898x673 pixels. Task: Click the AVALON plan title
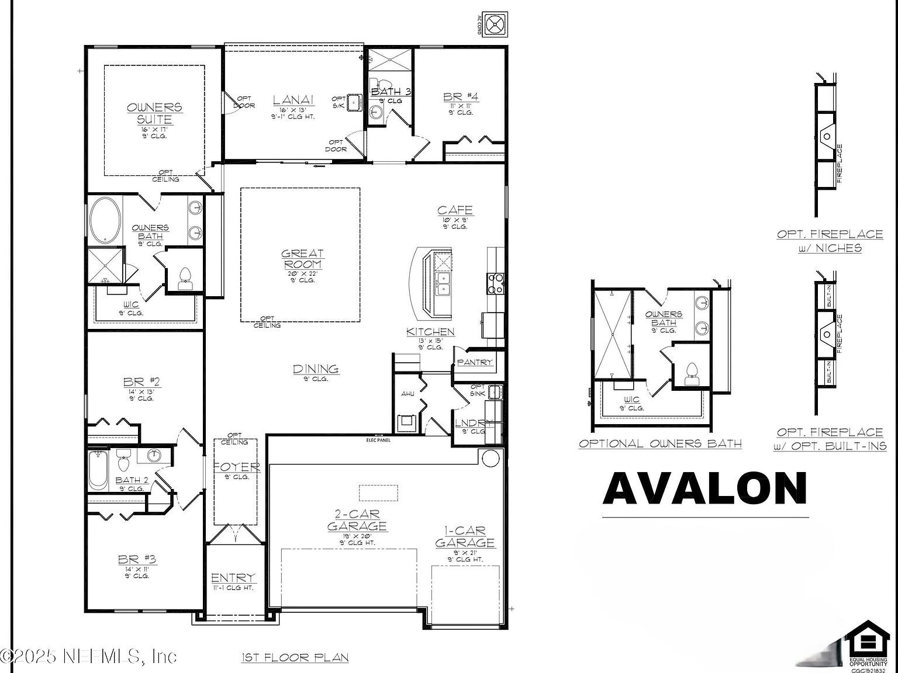pos(705,488)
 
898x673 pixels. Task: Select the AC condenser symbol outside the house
pos(496,25)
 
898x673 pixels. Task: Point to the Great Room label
pos(302,259)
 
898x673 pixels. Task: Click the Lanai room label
pos(293,100)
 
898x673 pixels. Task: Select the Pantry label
pos(475,362)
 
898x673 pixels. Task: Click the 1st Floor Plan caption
pos(295,658)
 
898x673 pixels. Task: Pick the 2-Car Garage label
pos(357,521)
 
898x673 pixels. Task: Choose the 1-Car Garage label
pos(465,537)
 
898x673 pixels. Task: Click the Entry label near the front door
pos(233,578)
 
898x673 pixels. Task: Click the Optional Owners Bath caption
pos(660,443)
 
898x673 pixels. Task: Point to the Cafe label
pos(455,210)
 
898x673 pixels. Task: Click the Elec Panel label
pos(378,440)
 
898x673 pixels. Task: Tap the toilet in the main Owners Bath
pos(185,277)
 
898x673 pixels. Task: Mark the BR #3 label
pos(137,560)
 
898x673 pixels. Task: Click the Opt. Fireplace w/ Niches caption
pos(830,241)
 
